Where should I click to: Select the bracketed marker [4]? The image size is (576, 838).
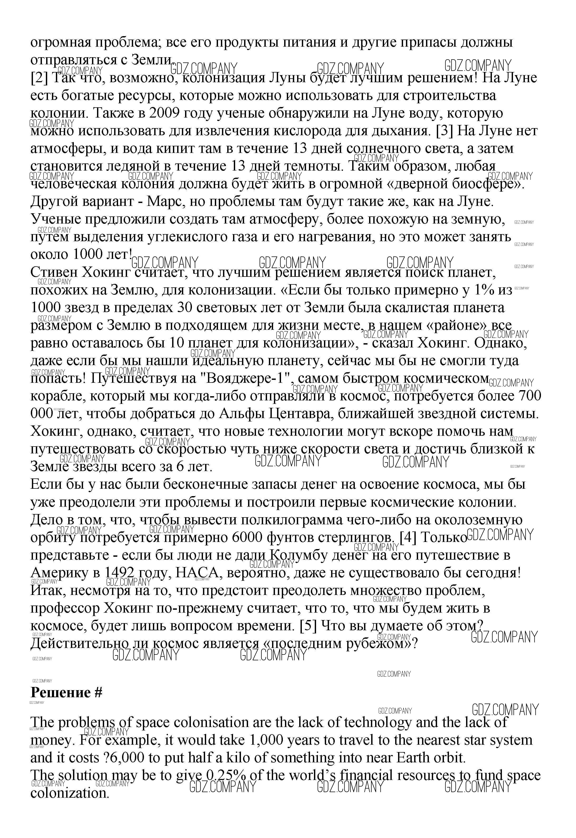click(x=408, y=538)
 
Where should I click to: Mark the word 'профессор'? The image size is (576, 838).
click(x=65, y=608)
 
